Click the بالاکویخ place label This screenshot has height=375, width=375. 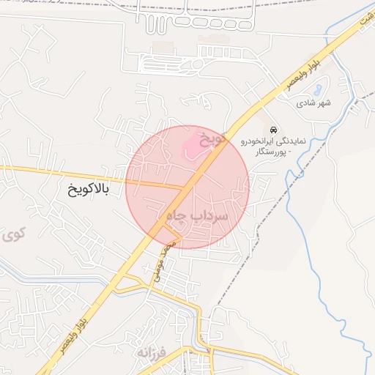click(87, 190)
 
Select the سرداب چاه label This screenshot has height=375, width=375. click(198, 217)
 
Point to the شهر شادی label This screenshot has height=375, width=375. click(313, 103)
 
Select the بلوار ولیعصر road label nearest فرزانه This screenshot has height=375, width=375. click(80, 319)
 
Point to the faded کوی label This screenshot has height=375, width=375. click(12, 235)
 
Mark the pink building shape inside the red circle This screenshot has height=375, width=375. click(191, 144)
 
